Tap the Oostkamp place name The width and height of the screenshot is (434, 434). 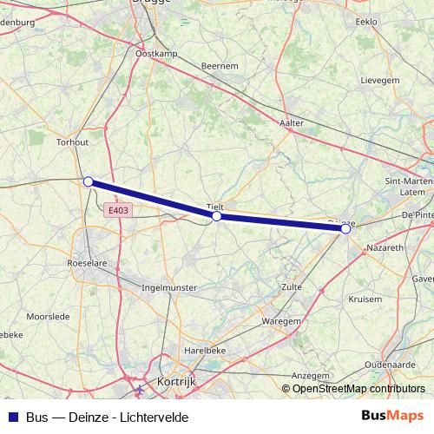[x=157, y=54]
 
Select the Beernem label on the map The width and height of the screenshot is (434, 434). [x=219, y=66]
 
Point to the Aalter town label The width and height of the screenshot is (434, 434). [x=293, y=123]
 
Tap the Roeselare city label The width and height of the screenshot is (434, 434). [x=86, y=261]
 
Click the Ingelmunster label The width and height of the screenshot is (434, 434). [x=173, y=286]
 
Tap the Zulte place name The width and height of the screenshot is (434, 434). [x=292, y=286]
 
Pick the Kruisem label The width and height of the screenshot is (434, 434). [x=365, y=299]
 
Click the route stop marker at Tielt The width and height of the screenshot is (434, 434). [x=216, y=216]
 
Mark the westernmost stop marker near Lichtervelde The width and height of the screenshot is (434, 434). [x=88, y=181]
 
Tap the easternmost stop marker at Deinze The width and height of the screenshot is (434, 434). [x=345, y=228]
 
